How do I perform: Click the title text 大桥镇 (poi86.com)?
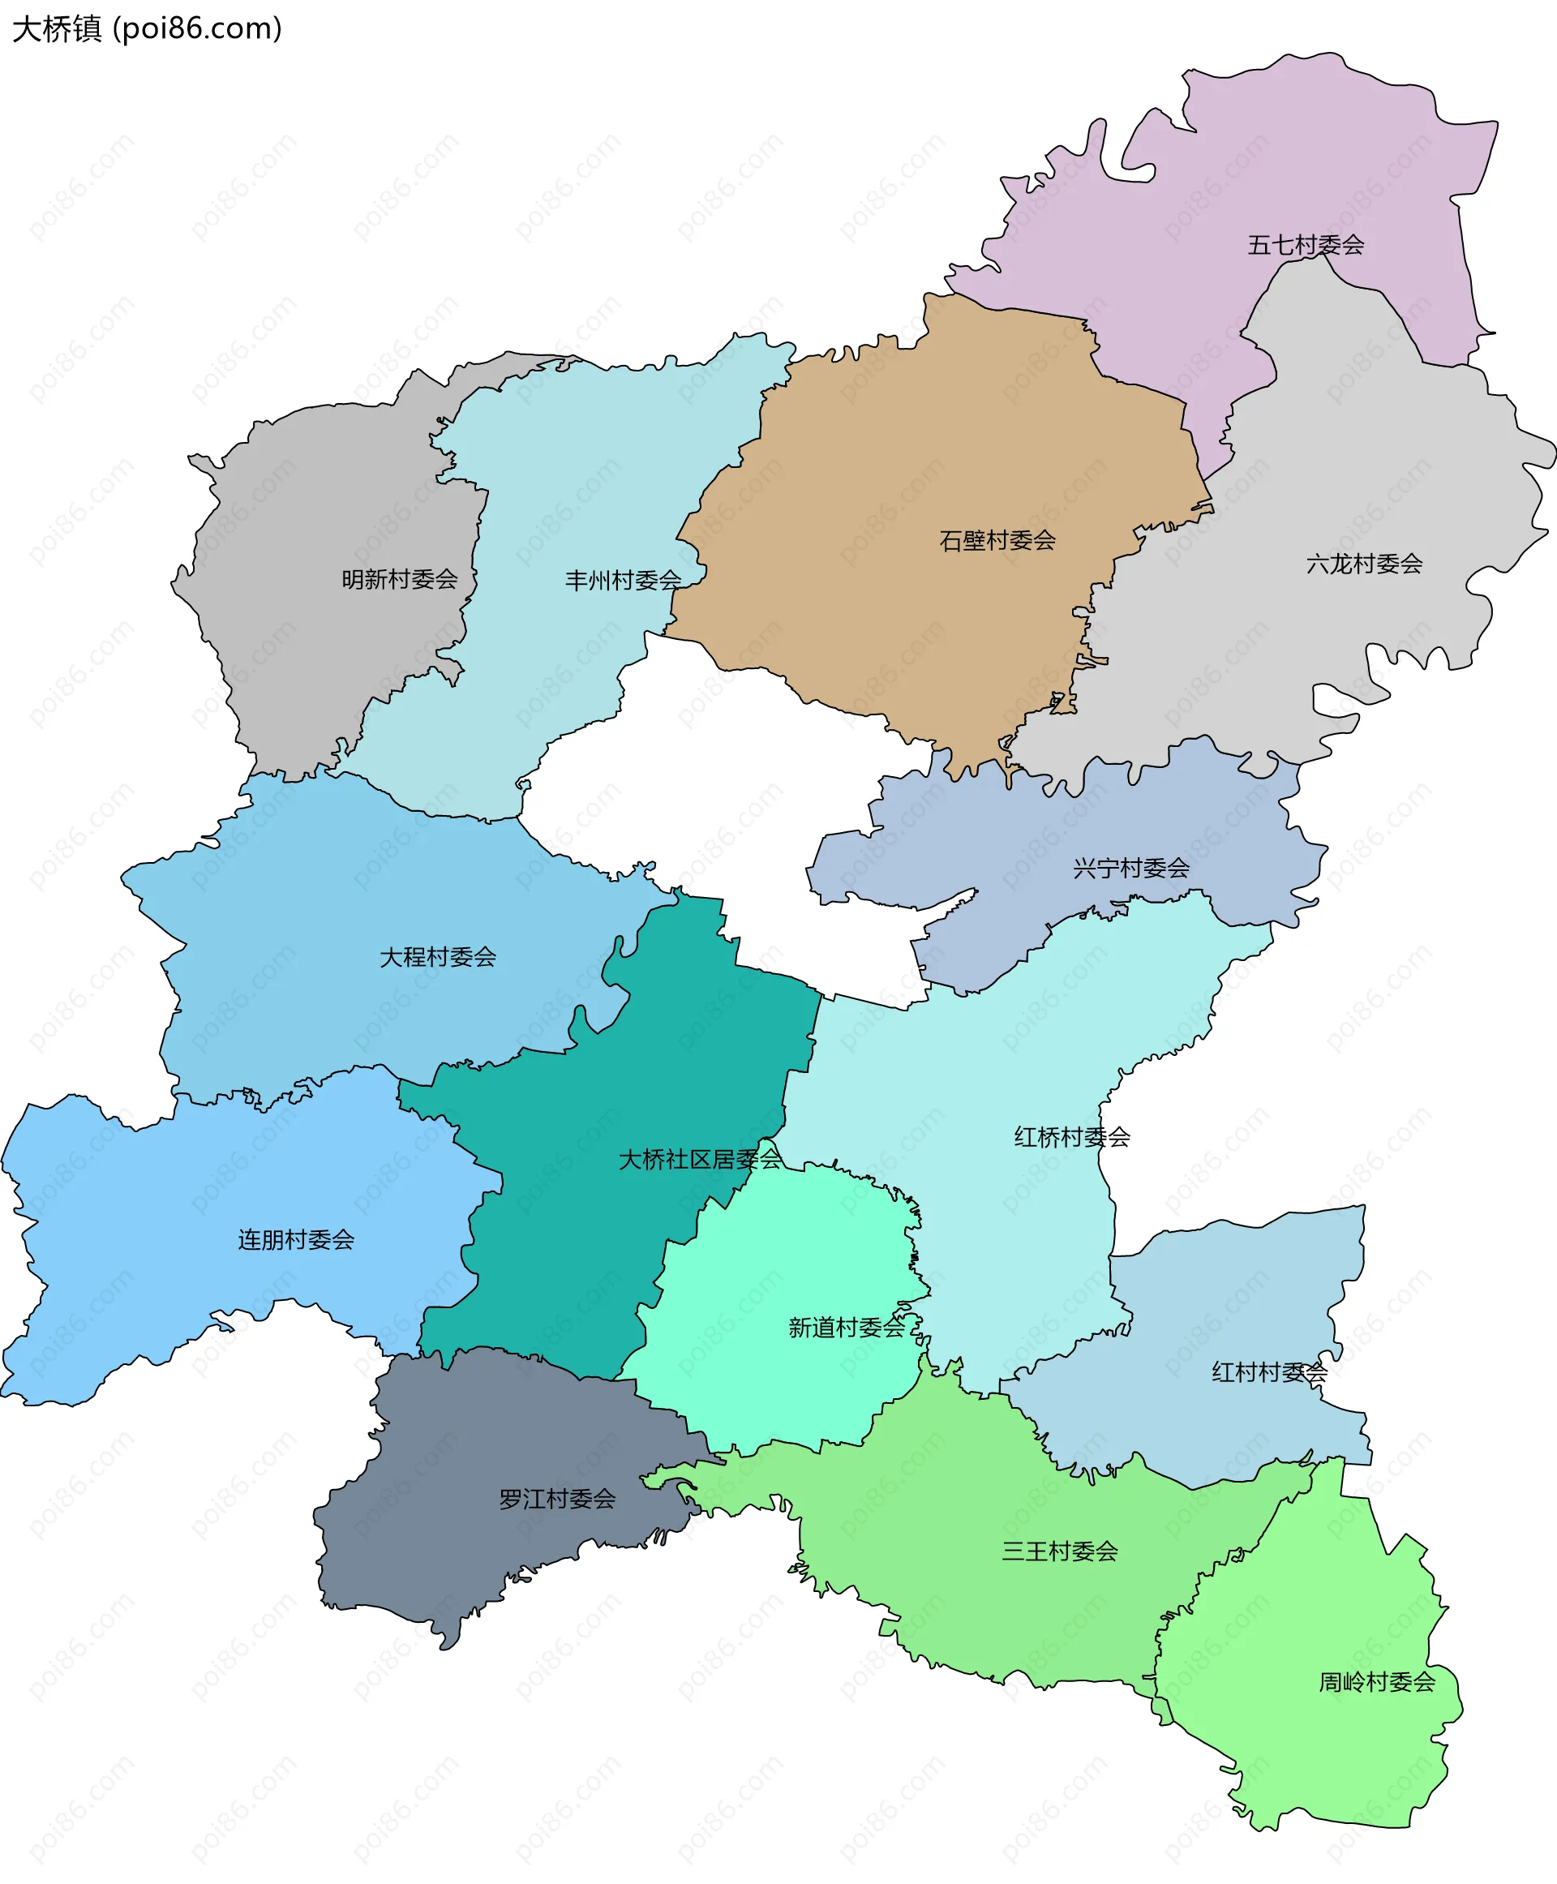[x=147, y=28]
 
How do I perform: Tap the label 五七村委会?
[x=1305, y=245]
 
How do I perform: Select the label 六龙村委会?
[x=1363, y=564]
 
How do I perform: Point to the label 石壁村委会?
[x=997, y=540]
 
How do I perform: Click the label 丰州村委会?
[x=623, y=581]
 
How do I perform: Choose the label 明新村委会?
[x=399, y=580]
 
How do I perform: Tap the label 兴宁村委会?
[x=1130, y=868]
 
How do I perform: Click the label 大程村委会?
[x=438, y=956]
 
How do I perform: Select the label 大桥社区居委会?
[x=700, y=1159]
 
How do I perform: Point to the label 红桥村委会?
[x=1072, y=1137]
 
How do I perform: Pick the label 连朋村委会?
[x=296, y=1240]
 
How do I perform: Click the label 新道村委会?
[x=846, y=1327]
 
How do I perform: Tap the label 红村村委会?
[x=1269, y=1371]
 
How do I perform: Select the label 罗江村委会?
[x=557, y=1498]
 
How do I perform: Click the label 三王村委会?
[x=1059, y=1551]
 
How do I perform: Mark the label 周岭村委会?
[x=1377, y=1681]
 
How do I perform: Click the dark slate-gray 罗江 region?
[x=466, y=1561]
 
